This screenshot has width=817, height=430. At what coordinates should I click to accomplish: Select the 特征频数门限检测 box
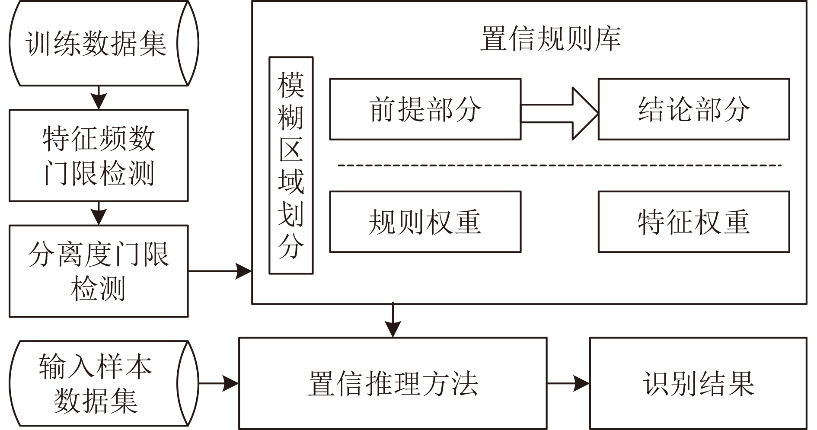[x=99, y=156]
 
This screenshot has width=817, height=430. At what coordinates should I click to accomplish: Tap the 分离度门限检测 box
[x=99, y=271]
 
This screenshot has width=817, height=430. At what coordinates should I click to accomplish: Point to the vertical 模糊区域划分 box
[x=291, y=166]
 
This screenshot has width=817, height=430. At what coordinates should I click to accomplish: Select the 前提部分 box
[x=425, y=109]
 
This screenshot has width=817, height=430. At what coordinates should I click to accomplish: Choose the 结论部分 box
[x=694, y=109]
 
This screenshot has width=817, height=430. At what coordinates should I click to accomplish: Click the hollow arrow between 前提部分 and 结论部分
[x=559, y=114]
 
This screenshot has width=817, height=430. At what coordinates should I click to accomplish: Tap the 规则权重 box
[x=425, y=222]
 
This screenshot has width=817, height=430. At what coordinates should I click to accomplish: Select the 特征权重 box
[x=694, y=222]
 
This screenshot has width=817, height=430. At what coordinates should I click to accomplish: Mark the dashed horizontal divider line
[x=559, y=165]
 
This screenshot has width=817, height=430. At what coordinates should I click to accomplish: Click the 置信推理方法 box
[x=393, y=383]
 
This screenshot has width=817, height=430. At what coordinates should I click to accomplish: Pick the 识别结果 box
[x=698, y=383]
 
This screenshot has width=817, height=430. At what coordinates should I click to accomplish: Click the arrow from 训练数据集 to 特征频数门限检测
[x=99, y=97]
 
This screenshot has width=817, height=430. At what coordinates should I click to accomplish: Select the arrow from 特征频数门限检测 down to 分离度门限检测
[x=99, y=213]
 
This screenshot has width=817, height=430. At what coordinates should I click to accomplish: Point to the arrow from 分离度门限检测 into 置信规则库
[x=220, y=271]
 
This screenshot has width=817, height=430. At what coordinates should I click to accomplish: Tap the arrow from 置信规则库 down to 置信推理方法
[x=393, y=320]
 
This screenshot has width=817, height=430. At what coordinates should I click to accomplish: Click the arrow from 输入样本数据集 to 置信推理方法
[x=219, y=383]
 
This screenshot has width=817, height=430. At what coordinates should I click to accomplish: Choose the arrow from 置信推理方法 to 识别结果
[x=568, y=383]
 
